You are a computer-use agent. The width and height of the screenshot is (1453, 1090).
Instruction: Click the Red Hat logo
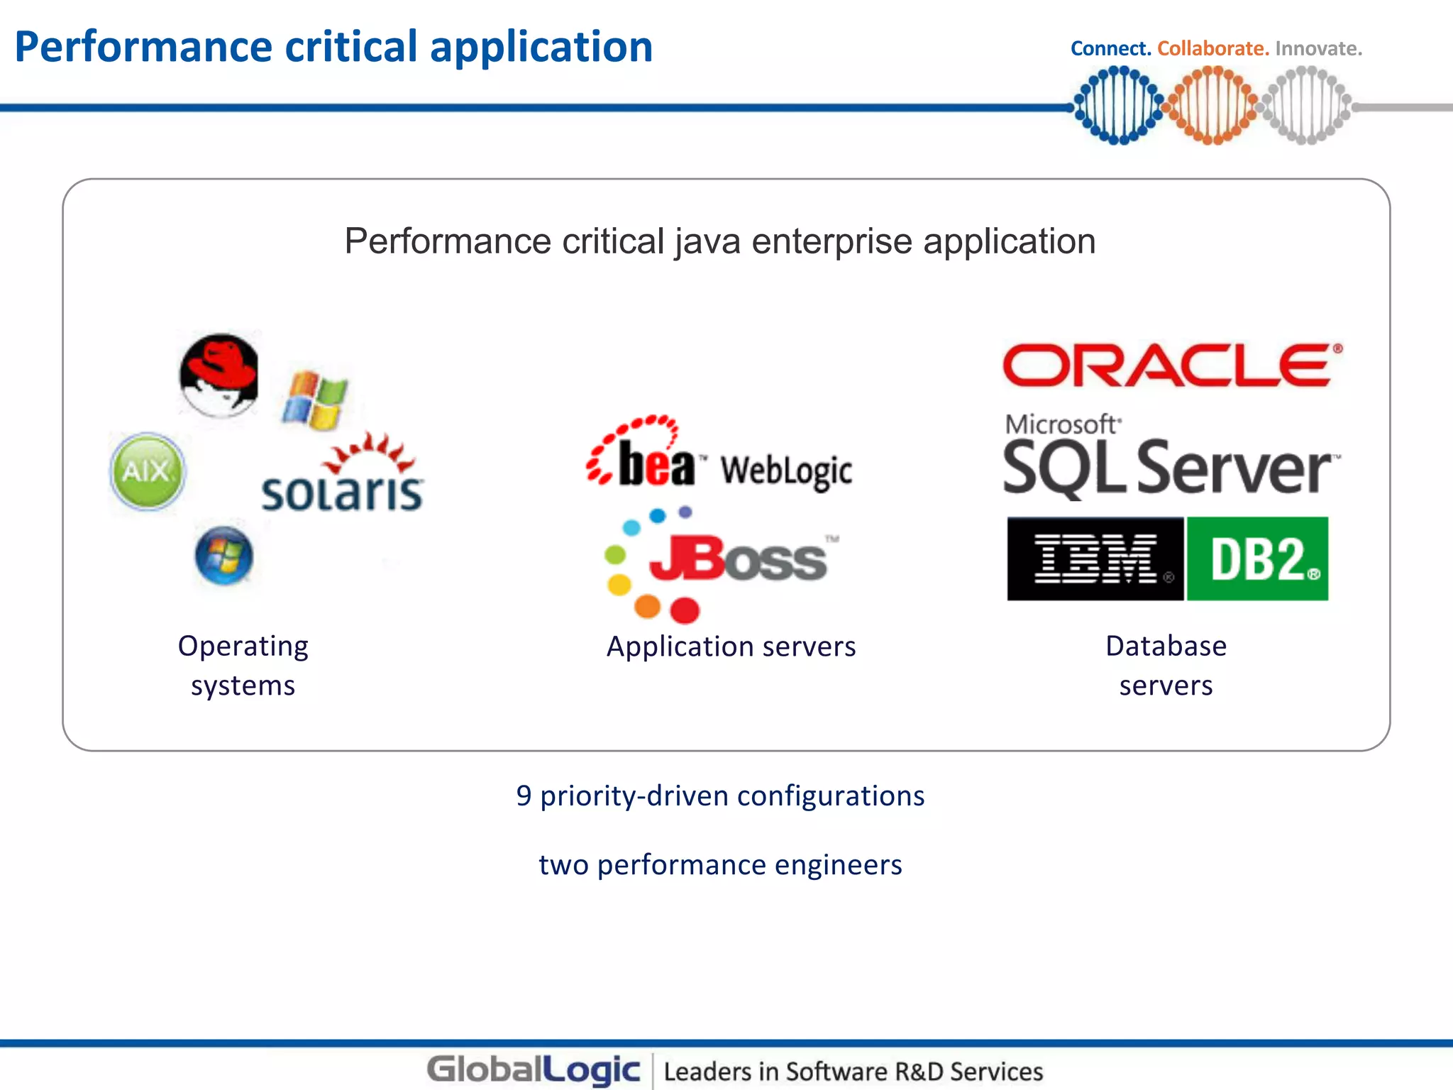pyautogui.click(x=219, y=375)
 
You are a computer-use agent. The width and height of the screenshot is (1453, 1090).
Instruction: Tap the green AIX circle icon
pyautogui.click(x=148, y=471)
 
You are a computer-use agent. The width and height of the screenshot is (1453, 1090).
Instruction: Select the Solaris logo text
pyautogui.click(x=343, y=492)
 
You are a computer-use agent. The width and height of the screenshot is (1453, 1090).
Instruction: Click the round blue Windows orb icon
pyautogui.click(x=223, y=556)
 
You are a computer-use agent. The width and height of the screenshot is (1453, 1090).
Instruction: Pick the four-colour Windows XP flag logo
pyautogui.click(x=315, y=400)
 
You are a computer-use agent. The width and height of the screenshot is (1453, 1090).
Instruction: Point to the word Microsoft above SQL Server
pyautogui.click(x=1061, y=424)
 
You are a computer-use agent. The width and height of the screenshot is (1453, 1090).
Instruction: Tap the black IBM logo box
pyautogui.click(x=1095, y=558)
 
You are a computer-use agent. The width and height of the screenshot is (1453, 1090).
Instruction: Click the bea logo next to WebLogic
pyautogui.click(x=642, y=456)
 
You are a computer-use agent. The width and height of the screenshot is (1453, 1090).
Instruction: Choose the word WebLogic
pyautogui.click(x=786, y=470)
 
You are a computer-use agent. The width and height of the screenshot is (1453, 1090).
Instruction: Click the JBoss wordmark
pyautogui.click(x=738, y=560)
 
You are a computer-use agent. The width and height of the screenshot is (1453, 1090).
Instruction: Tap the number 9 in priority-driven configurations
pyautogui.click(x=524, y=796)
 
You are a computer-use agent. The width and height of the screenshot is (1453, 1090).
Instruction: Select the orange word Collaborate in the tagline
pyautogui.click(x=1212, y=48)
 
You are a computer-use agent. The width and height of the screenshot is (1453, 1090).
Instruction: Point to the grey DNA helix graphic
pyautogui.click(x=1305, y=105)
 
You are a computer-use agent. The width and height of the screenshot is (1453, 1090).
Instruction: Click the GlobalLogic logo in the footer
pyautogui.click(x=534, y=1069)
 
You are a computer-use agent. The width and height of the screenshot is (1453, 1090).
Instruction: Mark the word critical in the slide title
pyautogui.click(x=351, y=47)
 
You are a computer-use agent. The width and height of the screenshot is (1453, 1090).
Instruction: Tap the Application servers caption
pyautogui.click(x=731, y=646)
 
